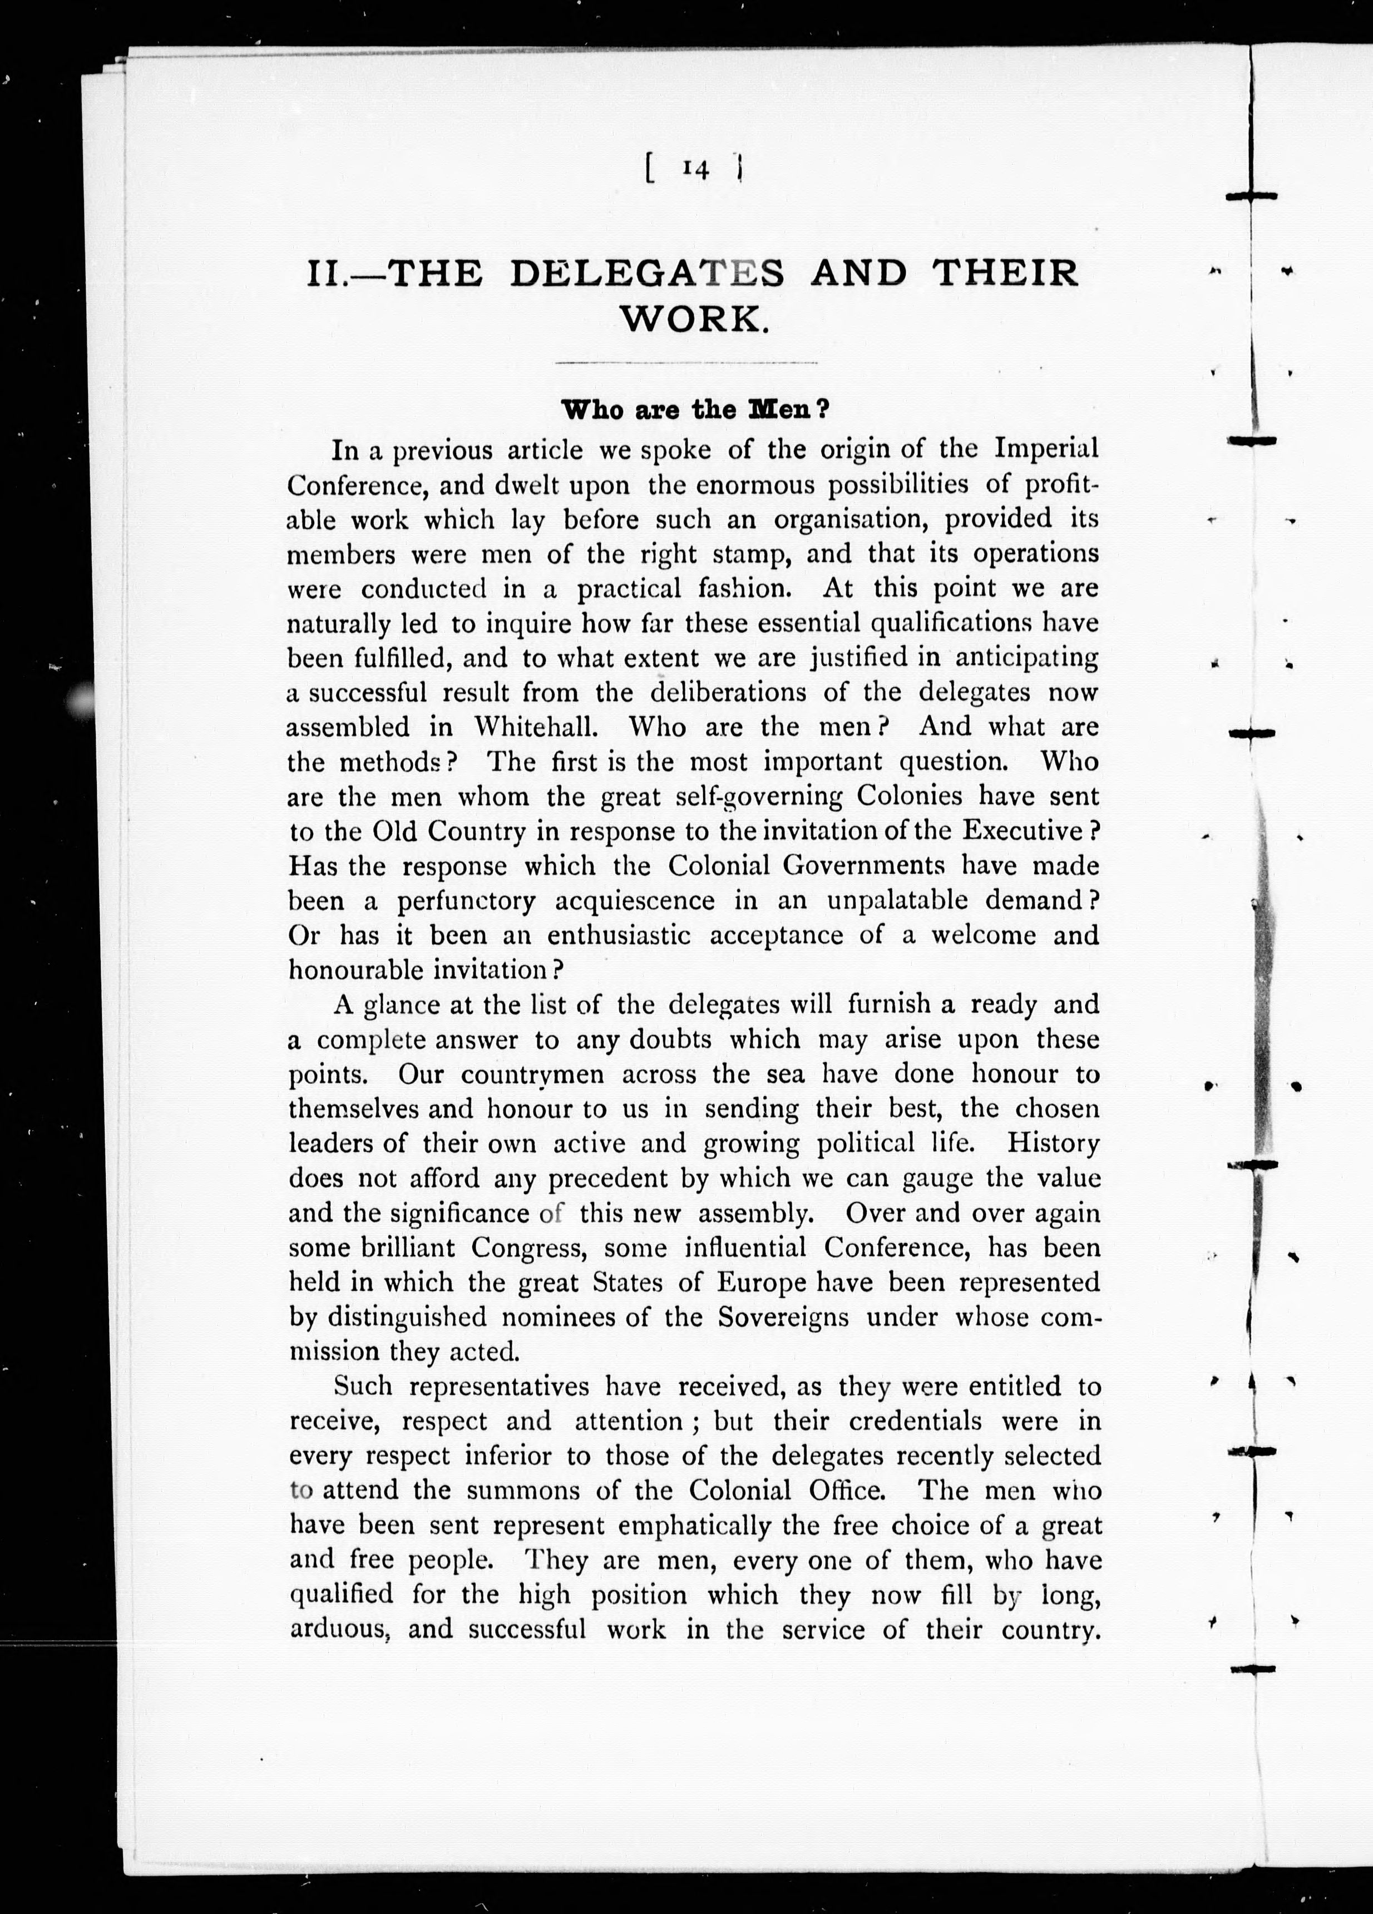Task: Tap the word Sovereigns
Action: [x=783, y=1318]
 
